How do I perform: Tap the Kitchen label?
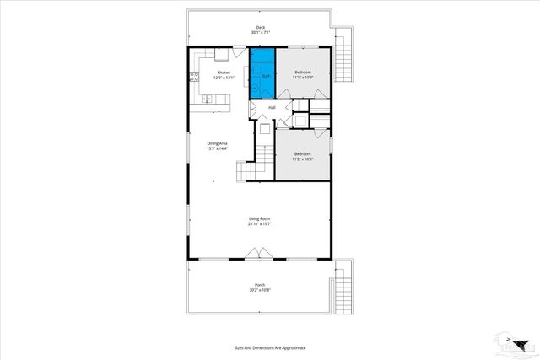(224, 73)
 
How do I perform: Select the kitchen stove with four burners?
(194, 76)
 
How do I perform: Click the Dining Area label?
(218, 143)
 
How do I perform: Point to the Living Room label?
(258, 219)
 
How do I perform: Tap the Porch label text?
(259, 285)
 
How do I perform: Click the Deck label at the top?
(261, 28)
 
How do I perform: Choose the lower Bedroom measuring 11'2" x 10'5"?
(302, 155)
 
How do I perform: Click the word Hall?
(272, 108)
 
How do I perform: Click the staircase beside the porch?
(343, 290)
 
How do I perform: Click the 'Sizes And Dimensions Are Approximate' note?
(270, 347)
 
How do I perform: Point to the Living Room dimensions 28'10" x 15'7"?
(258, 224)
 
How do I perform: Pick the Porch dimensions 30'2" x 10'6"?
(259, 291)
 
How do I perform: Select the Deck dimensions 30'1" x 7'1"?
(261, 33)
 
